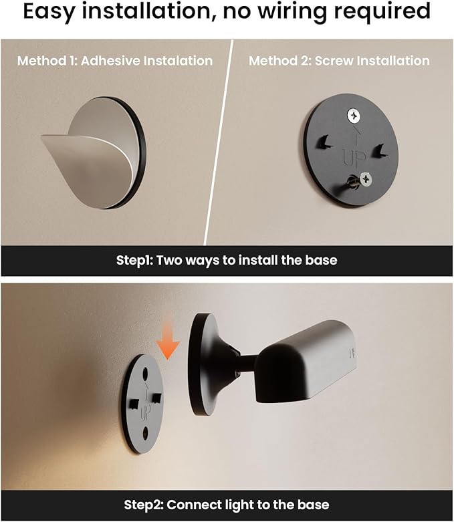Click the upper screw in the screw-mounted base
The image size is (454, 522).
(354, 116)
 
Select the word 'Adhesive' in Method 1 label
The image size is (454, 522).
(110, 61)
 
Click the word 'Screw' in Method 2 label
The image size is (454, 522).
(334, 61)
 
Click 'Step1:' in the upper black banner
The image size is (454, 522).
(134, 260)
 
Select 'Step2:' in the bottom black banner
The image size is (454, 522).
(144, 505)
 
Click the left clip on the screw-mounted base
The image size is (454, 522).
(324, 142)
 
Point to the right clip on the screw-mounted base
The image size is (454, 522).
(379, 151)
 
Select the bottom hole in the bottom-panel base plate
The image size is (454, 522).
(145, 433)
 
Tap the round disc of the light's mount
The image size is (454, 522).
(201, 364)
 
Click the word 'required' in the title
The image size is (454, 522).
(382, 12)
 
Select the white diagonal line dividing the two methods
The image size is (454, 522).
(219, 142)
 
